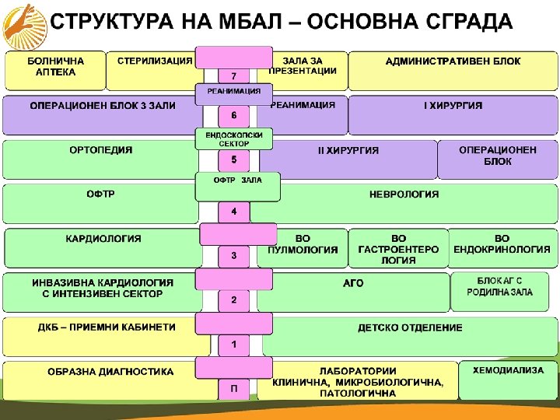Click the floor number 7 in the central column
pyautogui.click(x=233, y=75)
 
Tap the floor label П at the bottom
pyautogui.click(x=233, y=388)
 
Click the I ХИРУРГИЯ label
pyautogui.click(x=453, y=105)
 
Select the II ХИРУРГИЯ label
pyautogui.click(x=348, y=151)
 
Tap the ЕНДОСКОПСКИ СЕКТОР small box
pyautogui.click(x=233, y=138)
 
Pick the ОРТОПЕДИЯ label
pyautogui.click(x=101, y=150)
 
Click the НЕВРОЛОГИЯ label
pyautogui.click(x=404, y=194)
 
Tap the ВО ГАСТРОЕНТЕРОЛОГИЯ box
pyautogui.click(x=398, y=248)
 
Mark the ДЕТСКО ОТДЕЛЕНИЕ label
pyautogui.click(x=410, y=327)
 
